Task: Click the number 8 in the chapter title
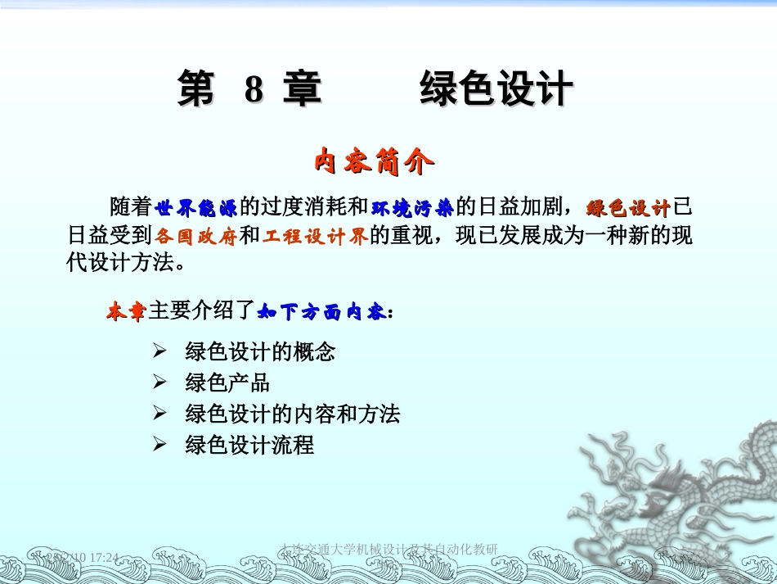[x=254, y=89]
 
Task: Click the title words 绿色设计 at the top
[x=496, y=89]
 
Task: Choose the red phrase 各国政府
[x=196, y=236]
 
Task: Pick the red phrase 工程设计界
[x=315, y=236]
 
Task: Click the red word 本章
[x=126, y=311]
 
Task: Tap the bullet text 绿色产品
[x=227, y=383]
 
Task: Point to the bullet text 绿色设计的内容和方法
[x=293, y=414]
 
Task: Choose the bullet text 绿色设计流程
[x=249, y=445]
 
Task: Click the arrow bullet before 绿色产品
[x=160, y=383]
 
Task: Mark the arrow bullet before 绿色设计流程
[x=160, y=445]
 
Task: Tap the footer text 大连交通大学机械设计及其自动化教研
[x=388, y=547]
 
